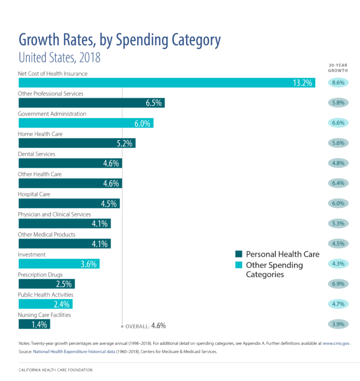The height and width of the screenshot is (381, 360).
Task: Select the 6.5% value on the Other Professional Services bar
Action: (154, 103)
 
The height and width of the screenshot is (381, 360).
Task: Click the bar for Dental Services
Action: (70, 164)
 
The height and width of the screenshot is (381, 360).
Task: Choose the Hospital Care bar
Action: (69, 203)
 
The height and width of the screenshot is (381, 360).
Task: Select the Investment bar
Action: (59, 264)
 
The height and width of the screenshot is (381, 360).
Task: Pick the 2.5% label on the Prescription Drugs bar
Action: (64, 284)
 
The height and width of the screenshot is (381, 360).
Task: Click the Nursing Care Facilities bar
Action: (34, 324)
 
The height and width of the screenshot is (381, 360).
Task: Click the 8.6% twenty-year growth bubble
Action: (338, 83)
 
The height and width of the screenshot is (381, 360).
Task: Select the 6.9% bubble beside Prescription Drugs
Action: (338, 284)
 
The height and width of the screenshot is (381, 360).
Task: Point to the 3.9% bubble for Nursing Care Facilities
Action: (338, 324)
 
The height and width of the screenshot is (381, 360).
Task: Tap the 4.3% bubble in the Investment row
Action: (338, 264)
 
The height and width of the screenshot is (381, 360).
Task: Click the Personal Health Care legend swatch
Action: (239, 255)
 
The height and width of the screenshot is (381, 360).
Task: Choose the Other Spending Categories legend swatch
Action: (239, 265)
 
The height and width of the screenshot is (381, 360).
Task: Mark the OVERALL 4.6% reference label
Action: (146, 325)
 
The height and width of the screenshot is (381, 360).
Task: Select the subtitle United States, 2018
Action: (59, 58)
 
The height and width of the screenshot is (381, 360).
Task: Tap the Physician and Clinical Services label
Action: (55, 214)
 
